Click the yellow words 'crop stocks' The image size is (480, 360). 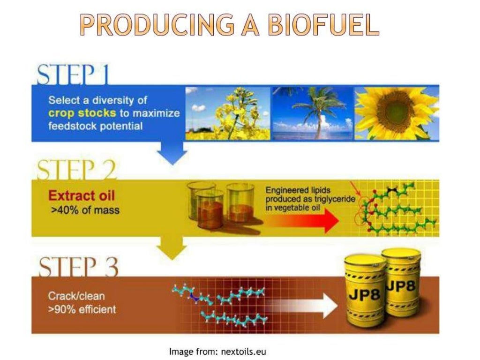82,113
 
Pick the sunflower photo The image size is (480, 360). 397,113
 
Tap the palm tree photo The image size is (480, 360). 312,113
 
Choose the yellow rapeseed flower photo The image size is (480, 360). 228,113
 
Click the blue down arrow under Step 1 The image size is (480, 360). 173,152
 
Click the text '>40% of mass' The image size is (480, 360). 85,209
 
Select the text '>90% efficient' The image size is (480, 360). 82,309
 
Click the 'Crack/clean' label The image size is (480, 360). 76,296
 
